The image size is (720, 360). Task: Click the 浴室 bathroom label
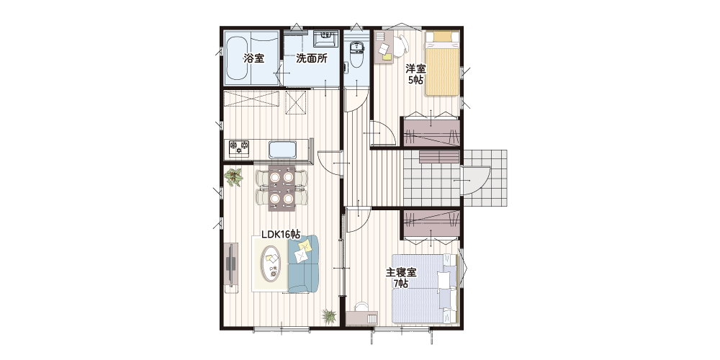(253, 58)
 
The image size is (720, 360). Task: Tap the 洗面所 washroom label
(311, 58)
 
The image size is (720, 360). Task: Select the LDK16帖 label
(281, 234)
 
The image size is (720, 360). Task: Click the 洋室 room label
(415, 69)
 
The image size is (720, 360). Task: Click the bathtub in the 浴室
(238, 58)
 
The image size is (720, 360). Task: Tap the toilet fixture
(356, 54)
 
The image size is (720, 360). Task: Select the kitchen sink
(282, 150)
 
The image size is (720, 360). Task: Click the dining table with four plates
(282, 187)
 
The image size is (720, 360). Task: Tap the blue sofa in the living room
(303, 264)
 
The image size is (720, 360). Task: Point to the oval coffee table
(271, 263)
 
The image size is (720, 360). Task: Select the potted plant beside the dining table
(234, 177)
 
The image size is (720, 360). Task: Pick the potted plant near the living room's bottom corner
(329, 315)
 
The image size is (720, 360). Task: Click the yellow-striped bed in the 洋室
(442, 63)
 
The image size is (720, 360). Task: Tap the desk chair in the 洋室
(401, 45)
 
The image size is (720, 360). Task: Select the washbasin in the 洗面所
(325, 38)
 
